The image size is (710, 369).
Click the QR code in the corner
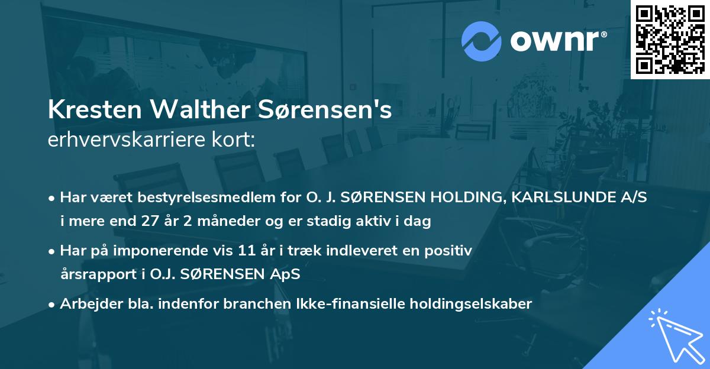[670, 39]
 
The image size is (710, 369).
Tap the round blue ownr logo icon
[482, 41]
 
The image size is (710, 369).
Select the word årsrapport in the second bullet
[93, 274]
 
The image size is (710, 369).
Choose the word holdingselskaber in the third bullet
[473, 304]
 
